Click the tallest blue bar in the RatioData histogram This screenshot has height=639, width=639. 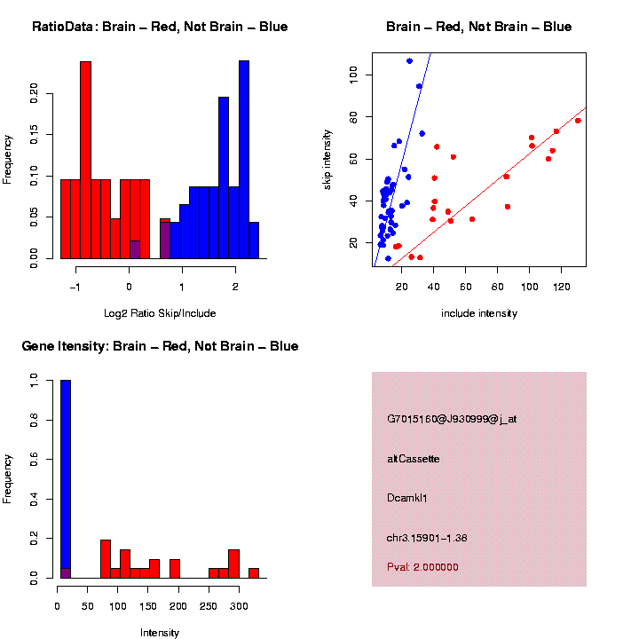[x=244, y=160]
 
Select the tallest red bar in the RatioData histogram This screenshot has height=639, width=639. [x=85, y=160]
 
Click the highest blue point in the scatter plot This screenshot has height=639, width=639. [x=409, y=60]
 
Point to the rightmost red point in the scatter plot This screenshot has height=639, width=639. [x=578, y=121]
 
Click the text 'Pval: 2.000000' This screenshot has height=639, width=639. [x=422, y=567]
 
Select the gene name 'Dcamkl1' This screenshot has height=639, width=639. [x=406, y=498]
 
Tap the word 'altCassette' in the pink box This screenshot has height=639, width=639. [x=414, y=459]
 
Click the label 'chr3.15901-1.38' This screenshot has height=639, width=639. [x=427, y=538]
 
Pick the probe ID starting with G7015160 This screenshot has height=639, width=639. [x=452, y=419]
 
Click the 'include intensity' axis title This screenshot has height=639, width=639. [x=479, y=313]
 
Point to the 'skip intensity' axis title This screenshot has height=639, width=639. [x=327, y=160]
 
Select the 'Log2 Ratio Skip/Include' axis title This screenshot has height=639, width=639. [x=160, y=313]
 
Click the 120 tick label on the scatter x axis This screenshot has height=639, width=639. [x=561, y=287]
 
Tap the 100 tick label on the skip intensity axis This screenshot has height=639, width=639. [x=353, y=75]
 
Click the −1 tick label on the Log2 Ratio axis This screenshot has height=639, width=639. [x=75, y=287]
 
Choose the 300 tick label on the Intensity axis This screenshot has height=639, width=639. [x=239, y=606]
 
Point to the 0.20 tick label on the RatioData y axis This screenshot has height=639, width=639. [x=34, y=93]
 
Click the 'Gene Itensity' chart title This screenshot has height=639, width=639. [x=65, y=346]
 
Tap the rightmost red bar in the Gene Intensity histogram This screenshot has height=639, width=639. [x=254, y=573]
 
